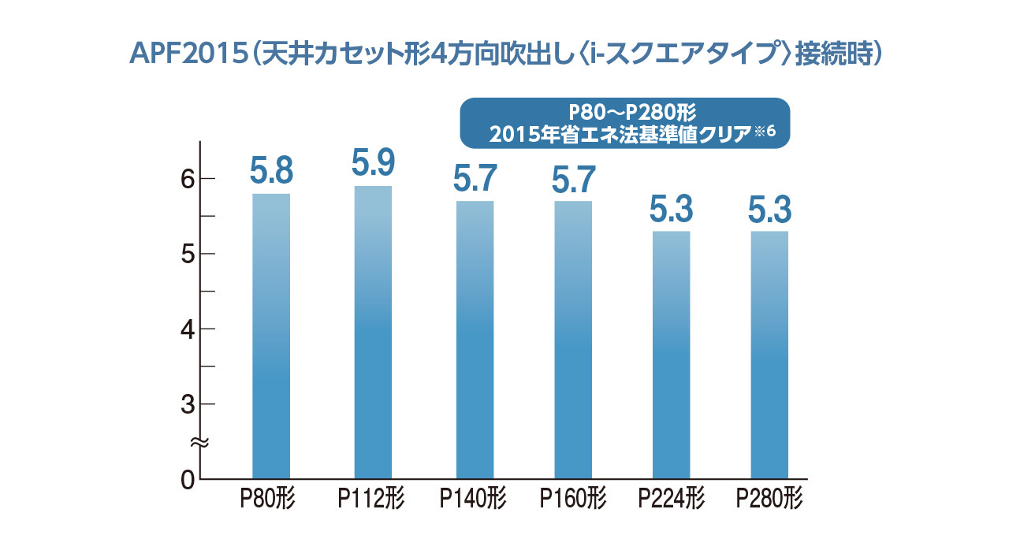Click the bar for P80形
271,336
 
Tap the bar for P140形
475,340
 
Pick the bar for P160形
573,340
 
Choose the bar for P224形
672,355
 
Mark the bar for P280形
769,355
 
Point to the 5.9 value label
373,163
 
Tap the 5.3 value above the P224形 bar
672,209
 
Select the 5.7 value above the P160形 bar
573,179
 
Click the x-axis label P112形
371,500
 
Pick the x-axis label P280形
769,500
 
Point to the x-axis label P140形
473,500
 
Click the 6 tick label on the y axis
187,179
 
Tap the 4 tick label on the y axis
187,329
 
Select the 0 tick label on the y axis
187,479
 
